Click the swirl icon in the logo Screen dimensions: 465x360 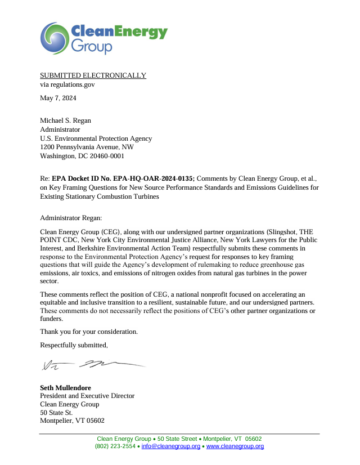tap(55, 38)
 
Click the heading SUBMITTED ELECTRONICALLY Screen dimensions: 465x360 tap(93, 75)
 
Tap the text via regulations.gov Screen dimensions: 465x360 tap(67, 84)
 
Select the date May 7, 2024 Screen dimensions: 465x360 tap(58, 98)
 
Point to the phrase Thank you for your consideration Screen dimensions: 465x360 tap(89, 332)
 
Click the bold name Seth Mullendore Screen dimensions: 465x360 tap(66, 388)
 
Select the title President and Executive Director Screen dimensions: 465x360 tap(87, 396)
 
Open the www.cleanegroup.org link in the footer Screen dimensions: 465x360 tap(235, 446)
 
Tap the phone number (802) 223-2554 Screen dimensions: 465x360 tap(115, 446)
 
